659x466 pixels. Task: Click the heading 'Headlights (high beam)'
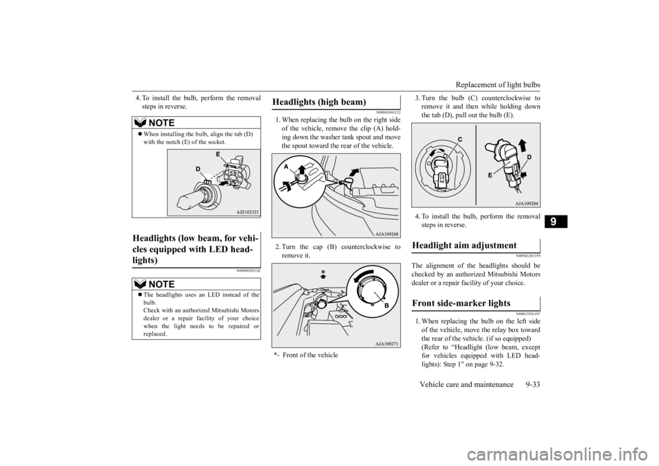click(319, 102)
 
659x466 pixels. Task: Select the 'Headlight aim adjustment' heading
click(465, 246)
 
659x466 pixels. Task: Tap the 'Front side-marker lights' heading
click(461, 303)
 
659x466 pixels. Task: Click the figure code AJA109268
click(387, 233)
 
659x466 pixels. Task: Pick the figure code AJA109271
click(387, 344)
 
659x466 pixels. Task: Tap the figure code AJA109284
click(527, 203)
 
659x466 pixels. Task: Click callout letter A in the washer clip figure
click(286, 166)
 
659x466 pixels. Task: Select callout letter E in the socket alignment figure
click(218, 154)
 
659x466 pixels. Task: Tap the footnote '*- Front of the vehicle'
click(305, 355)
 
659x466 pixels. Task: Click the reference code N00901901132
click(388, 113)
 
